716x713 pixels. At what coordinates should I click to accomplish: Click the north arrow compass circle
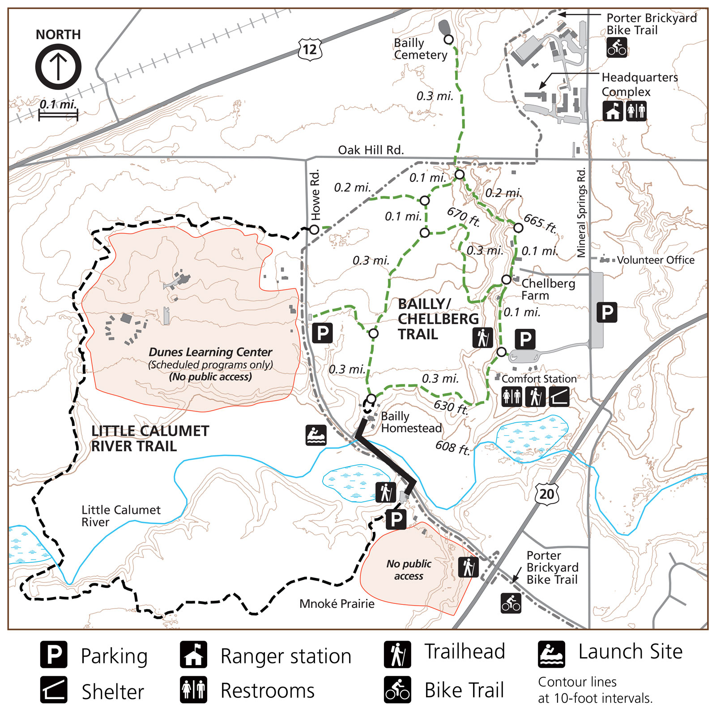pyautogui.click(x=58, y=67)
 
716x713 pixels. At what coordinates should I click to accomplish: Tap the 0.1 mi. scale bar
pyautogui.click(x=58, y=115)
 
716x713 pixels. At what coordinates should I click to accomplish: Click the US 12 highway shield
pyautogui.click(x=310, y=49)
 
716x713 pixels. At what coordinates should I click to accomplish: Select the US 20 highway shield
pyautogui.click(x=546, y=494)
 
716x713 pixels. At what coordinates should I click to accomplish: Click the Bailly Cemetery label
pyautogui.click(x=420, y=49)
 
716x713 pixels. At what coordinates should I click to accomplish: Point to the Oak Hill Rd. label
pyautogui.click(x=371, y=150)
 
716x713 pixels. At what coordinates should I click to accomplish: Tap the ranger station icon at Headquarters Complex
pyautogui.click(x=613, y=111)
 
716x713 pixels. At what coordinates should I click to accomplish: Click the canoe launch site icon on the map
pyautogui.click(x=316, y=435)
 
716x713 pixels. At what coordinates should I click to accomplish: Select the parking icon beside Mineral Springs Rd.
pyautogui.click(x=607, y=312)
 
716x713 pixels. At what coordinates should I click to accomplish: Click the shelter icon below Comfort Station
pyautogui.click(x=559, y=396)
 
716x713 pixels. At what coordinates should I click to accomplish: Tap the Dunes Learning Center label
pyautogui.click(x=210, y=352)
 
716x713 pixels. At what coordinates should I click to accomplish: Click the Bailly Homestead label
pyautogui.click(x=411, y=422)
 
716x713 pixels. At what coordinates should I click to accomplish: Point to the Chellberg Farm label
pyautogui.click(x=548, y=289)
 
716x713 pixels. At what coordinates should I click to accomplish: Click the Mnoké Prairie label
pyautogui.click(x=337, y=603)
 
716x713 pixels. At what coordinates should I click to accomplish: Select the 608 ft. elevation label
pyautogui.click(x=453, y=447)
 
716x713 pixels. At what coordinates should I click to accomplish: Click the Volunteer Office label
pyautogui.click(x=655, y=260)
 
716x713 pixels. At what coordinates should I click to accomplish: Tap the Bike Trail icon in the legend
pyautogui.click(x=397, y=690)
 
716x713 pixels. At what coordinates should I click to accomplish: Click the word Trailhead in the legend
pyautogui.click(x=465, y=651)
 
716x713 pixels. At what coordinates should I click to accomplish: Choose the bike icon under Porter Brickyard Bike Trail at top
pyautogui.click(x=617, y=47)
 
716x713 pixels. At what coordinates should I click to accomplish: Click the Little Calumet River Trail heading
pyautogui.click(x=149, y=438)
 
